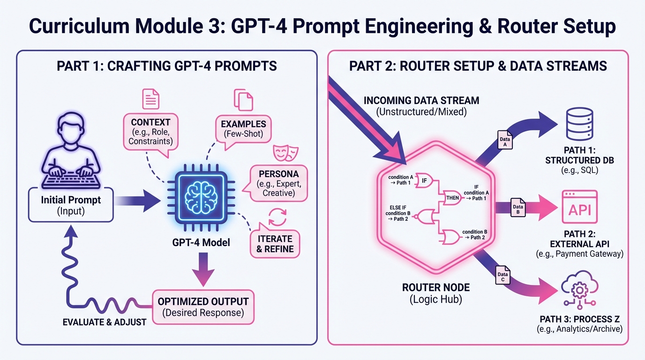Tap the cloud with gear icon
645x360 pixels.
pyautogui.click(x=579, y=291)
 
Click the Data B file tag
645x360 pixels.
pyautogui.click(x=517, y=210)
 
